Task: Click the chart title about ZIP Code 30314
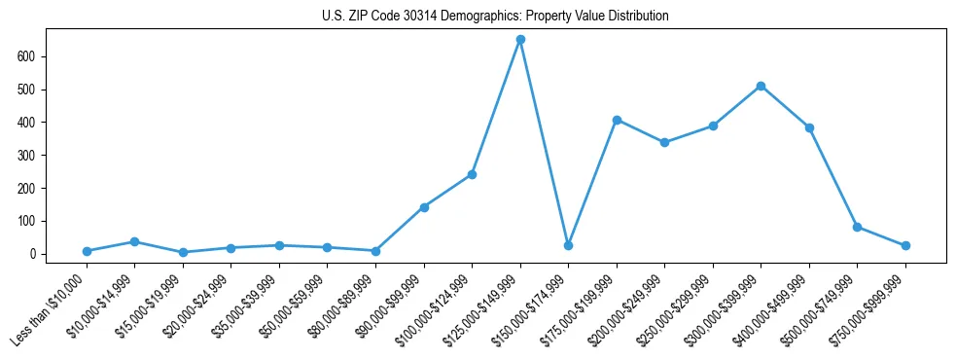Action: (495, 17)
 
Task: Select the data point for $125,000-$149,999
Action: (520, 40)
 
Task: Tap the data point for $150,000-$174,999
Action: (568, 245)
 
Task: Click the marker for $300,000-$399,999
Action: (761, 86)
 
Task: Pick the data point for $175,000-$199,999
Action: (617, 120)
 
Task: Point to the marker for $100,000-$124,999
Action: (472, 174)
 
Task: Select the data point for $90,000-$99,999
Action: (424, 207)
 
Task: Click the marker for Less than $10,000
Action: (87, 251)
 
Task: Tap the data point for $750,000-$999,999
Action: (905, 245)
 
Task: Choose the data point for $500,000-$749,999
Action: (857, 227)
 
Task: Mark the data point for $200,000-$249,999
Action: (664, 142)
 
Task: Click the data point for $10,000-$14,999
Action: (135, 241)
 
